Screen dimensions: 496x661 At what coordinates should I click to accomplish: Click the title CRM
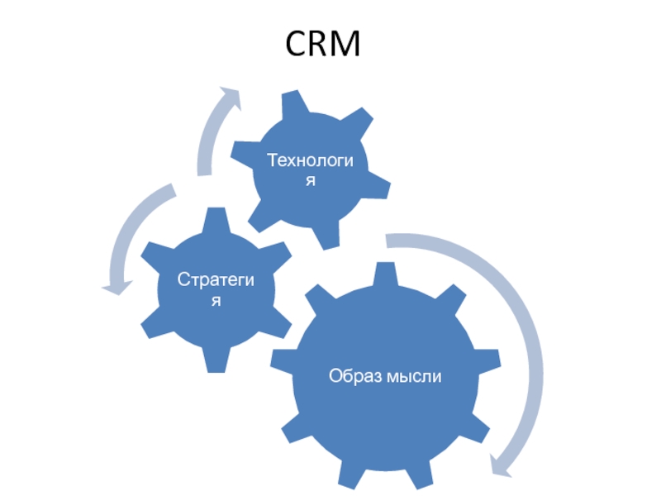click(324, 44)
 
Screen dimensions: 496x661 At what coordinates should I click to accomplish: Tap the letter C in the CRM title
click(297, 44)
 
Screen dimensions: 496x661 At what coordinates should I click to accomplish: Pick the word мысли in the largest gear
click(415, 377)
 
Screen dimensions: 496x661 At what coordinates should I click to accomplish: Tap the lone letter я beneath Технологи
click(310, 179)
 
